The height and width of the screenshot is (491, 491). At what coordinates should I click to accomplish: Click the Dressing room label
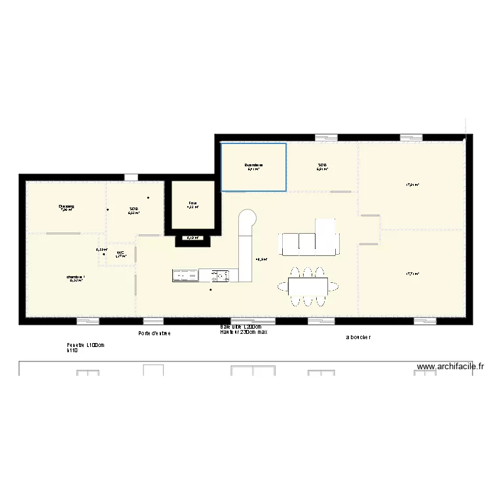(x=67, y=206)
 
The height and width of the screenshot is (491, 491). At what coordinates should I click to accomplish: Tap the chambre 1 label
(x=75, y=278)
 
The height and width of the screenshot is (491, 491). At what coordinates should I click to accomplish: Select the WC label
(x=120, y=253)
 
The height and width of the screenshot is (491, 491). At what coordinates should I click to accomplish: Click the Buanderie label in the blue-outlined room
(x=253, y=165)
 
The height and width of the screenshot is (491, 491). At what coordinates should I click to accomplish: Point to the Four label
(x=193, y=204)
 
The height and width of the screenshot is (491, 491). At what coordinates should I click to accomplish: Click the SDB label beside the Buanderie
(x=322, y=165)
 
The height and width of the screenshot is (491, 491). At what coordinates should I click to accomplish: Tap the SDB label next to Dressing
(x=134, y=209)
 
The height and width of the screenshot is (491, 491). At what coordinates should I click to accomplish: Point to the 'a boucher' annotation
(x=358, y=338)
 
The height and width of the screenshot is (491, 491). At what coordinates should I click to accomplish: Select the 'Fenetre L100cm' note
(x=86, y=345)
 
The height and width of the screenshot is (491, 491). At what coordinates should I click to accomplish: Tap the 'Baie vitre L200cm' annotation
(x=241, y=327)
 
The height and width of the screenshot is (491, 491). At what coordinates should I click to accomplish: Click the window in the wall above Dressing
(x=131, y=177)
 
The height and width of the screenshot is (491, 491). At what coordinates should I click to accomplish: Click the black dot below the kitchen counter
(x=210, y=289)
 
